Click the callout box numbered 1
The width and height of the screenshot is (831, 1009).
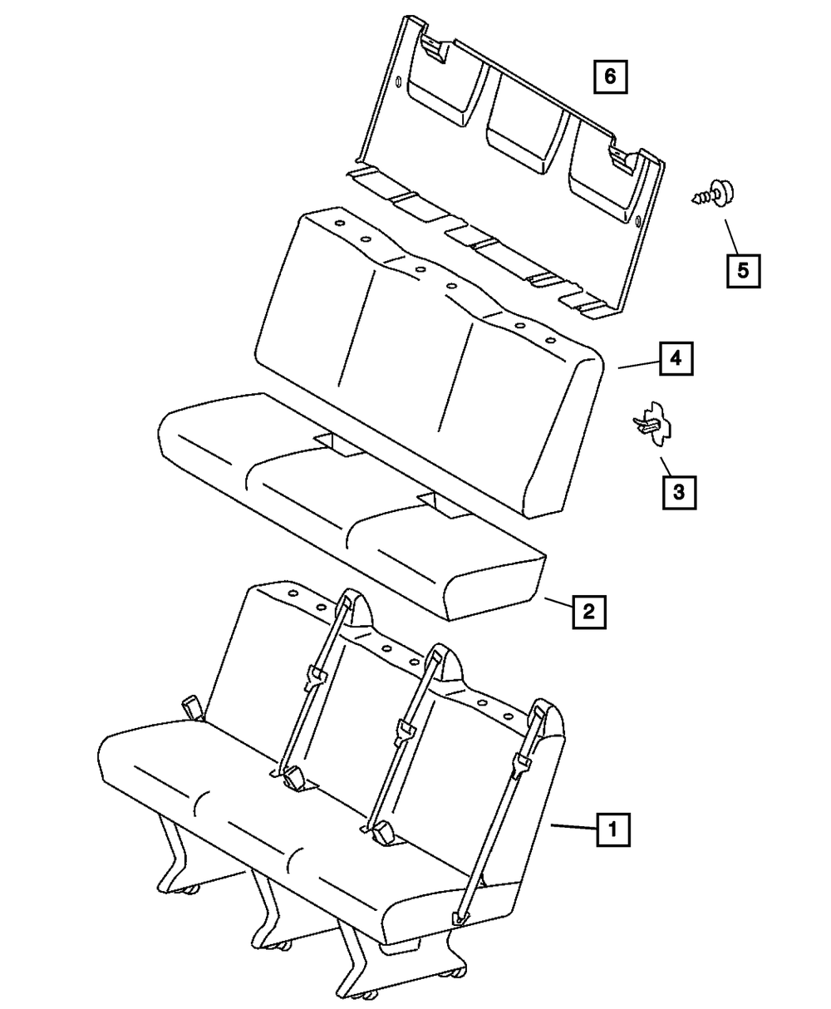pos(612,829)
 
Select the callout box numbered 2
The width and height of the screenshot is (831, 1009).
pos(588,613)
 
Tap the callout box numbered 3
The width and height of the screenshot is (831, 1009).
pos(679,491)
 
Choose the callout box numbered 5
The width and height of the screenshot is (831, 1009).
pos(742,269)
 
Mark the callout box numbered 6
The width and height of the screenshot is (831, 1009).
pos(610,77)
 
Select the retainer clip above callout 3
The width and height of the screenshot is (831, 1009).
pos(653,425)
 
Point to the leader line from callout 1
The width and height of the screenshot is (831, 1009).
pos(573,826)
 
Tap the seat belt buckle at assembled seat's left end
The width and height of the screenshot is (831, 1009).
pos(194,707)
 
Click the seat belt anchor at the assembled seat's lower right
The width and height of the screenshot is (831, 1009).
pos(460,917)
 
